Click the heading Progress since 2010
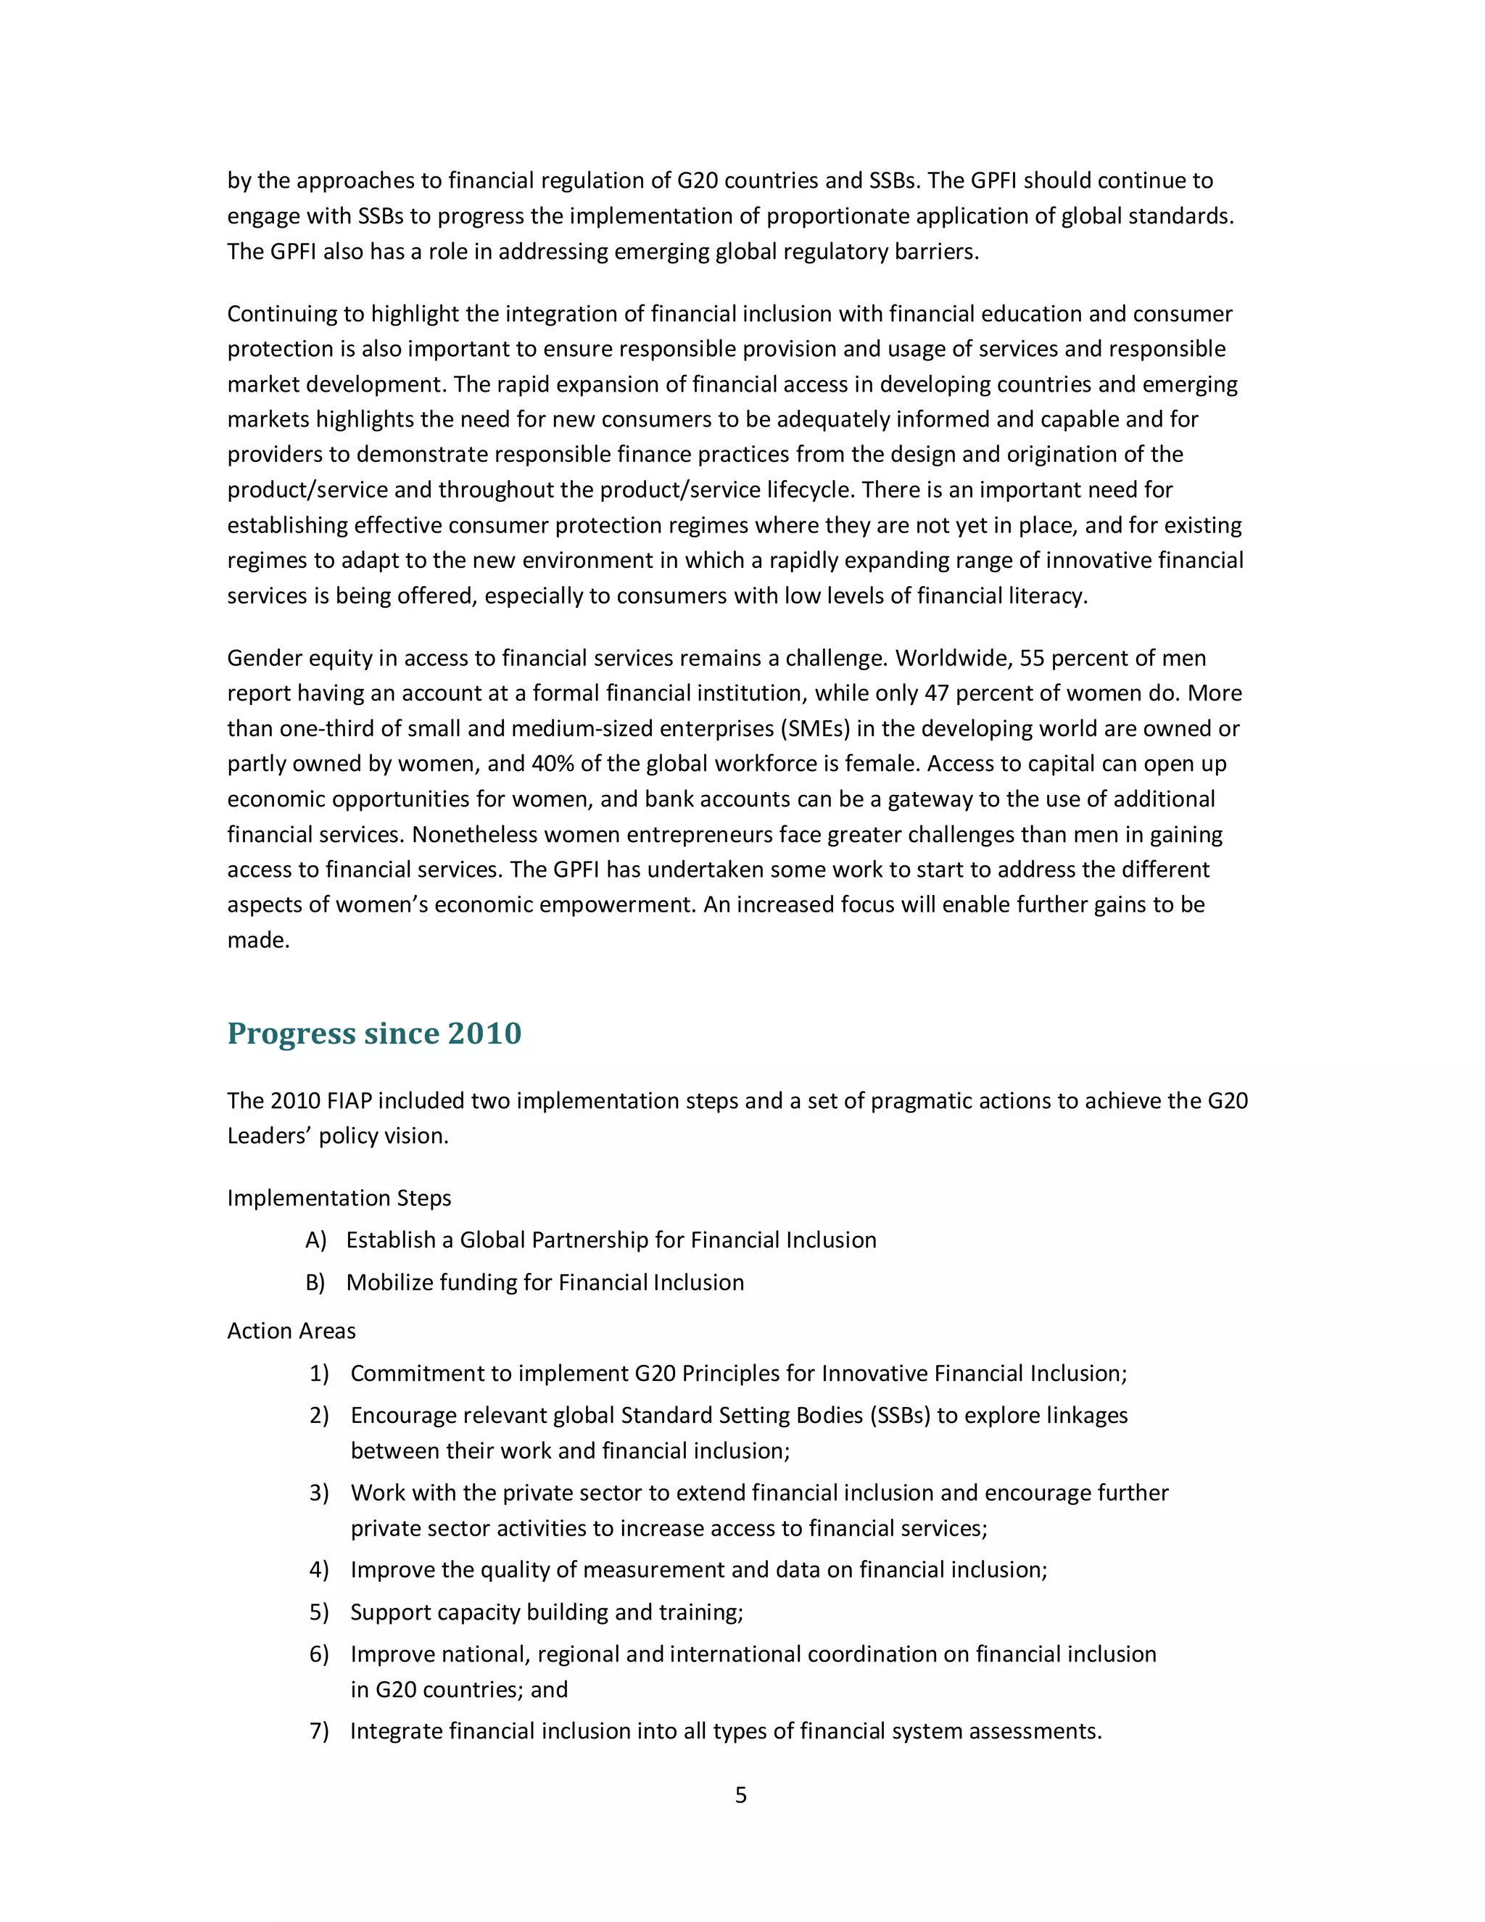click(374, 1033)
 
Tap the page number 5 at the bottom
click(741, 1795)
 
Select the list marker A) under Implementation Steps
click(316, 1240)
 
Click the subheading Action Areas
click(291, 1331)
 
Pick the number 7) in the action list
click(318, 1731)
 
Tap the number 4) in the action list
click(318, 1570)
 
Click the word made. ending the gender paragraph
click(257, 940)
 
